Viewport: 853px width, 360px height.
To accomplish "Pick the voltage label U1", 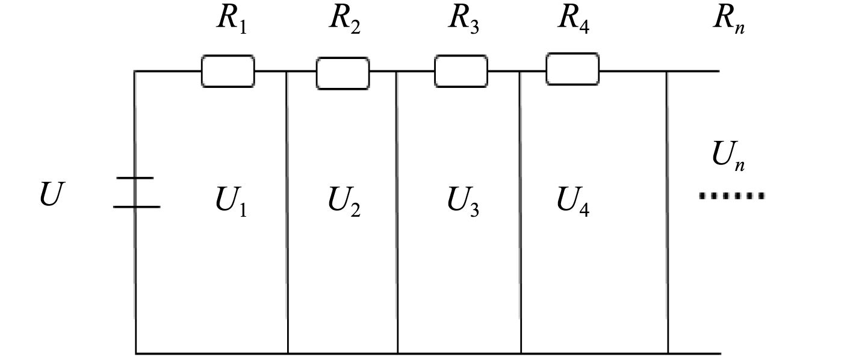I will (x=231, y=202).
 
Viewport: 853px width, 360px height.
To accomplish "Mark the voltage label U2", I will (x=344, y=202).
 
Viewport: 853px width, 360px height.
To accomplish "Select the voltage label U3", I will (x=463, y=202).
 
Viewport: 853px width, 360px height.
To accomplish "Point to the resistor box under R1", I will (x=228, y=71).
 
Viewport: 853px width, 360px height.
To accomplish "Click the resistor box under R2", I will (x=343, y=73).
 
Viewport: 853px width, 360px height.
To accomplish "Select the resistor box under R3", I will (x=461, y=71).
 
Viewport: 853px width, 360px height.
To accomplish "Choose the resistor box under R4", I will (x=572, y=69).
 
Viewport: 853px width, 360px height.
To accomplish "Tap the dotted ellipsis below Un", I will (x=731, y=196).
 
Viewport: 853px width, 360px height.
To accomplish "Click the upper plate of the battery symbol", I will (x=135, y=178).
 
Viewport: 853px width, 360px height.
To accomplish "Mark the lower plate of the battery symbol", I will (x=137, y=206).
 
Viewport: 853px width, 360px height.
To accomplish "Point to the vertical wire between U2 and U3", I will (x=397, y=211).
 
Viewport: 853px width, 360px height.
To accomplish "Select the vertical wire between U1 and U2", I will (x=287, y=211).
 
